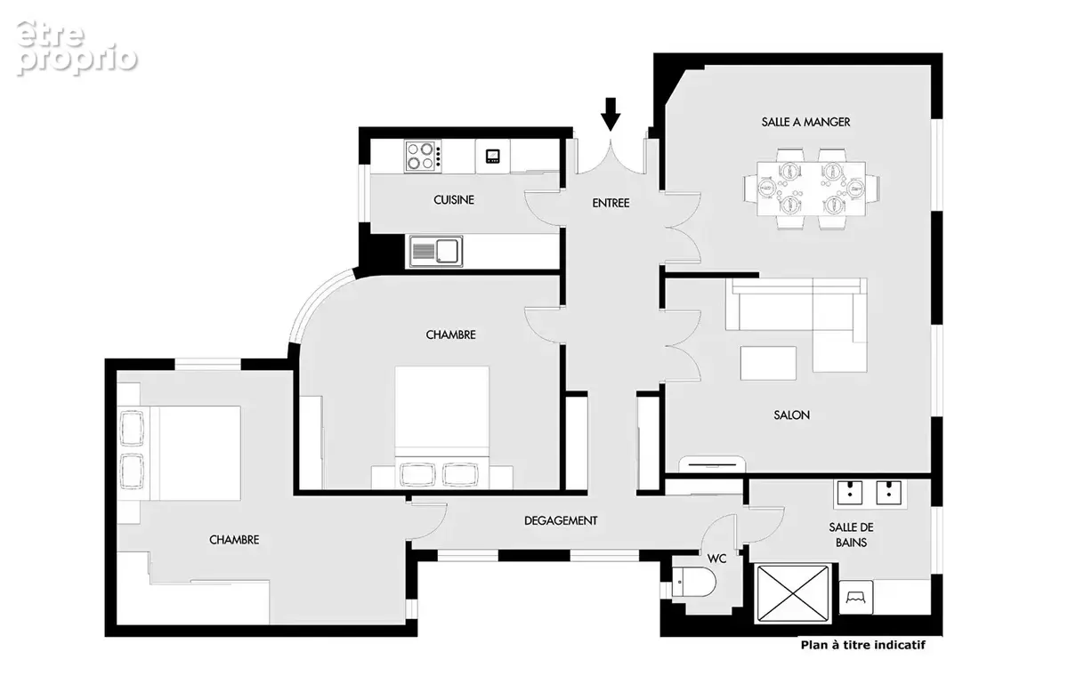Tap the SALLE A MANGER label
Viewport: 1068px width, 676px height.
click(805, 122)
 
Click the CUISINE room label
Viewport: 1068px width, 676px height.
click(454, 199)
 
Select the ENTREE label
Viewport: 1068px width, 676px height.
click(611, 203)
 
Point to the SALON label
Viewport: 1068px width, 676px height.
click(791, 414)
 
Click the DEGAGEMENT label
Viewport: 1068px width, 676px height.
click(561, 520)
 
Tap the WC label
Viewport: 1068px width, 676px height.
click(716, 559)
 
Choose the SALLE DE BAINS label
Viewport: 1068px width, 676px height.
click(851, 535)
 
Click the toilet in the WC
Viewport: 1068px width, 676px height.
click(693, 582)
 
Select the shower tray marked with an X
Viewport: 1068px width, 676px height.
click(793, 593)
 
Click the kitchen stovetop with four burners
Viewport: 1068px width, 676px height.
click(423, 156)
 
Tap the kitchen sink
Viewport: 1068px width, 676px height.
click(436, 251)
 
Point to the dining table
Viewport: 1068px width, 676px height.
click(811, 189)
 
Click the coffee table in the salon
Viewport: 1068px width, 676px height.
click(768, 363)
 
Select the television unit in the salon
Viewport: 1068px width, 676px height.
click(712, 464)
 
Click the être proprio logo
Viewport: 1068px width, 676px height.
click(77, 48)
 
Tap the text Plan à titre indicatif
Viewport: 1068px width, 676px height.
click(863, 645)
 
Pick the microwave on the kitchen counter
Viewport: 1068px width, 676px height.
click(492, 156)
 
